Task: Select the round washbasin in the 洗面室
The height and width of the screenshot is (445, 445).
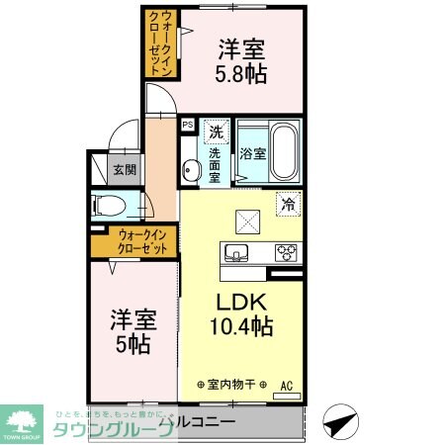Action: pos(189,169)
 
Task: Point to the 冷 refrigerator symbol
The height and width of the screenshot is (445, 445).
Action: pos(287,204)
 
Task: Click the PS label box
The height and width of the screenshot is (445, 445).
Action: pos(187,126)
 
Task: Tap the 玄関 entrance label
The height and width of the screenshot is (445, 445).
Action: pos(124,169)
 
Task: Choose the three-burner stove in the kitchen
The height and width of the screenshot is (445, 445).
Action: pos(286,250)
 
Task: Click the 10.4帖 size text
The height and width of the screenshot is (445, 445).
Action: pos(240,324)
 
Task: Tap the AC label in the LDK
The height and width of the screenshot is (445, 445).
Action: pos(287,386)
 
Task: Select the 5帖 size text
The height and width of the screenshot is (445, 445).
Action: pos(131,346)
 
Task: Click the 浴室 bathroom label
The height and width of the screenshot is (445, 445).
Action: pos(252,153)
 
